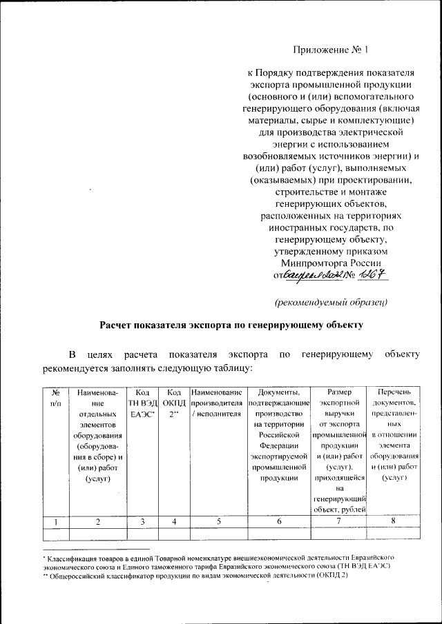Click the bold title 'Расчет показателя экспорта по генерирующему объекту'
tap(231, 323)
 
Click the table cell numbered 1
tap(55, 523)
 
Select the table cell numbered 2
tap(99, 523)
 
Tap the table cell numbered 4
tap(174, 523)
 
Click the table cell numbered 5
tap(216, 523)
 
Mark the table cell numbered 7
tap(338, 523)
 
